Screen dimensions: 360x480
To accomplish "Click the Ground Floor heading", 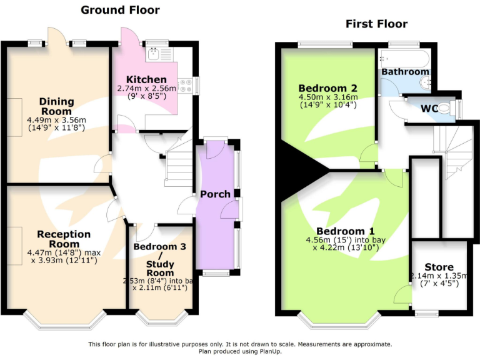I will pos(121,10).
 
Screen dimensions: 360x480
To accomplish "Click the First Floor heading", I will pos(376,24).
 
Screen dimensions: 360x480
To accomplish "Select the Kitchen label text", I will pos(146,79).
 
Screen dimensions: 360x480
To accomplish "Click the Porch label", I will pos(216,194).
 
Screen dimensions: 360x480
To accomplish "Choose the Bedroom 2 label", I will pos(327,87).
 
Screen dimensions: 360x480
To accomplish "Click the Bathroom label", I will pos(405,72).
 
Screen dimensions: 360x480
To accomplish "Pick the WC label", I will pos(429,108).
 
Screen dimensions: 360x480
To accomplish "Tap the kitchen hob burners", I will pos(185,86).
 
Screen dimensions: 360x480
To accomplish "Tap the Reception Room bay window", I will pos(66,319).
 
